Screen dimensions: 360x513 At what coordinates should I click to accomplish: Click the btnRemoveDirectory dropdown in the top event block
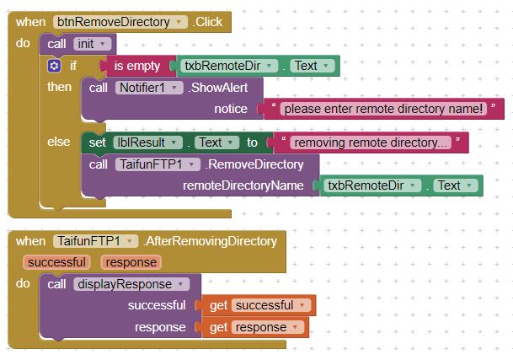pos(120,22)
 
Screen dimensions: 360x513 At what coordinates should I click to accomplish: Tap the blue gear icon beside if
pos(55,65)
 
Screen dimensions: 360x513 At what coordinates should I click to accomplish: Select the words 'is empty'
pos(136,66)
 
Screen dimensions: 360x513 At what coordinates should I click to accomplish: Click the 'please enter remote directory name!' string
pos(382,109)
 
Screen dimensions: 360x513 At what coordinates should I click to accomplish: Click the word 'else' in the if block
pos(59,142)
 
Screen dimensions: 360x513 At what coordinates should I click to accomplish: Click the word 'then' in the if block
pos(60,87)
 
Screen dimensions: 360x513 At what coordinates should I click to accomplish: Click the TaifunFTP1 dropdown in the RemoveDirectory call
pos(158,164)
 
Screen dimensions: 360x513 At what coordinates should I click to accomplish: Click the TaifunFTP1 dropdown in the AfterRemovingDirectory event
pos(95,241)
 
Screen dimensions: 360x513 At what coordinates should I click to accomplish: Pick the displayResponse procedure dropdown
pos(134,284)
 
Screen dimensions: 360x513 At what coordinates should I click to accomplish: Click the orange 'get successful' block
pos(256,305)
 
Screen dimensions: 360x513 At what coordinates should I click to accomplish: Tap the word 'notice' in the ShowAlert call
pos(231,109)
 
